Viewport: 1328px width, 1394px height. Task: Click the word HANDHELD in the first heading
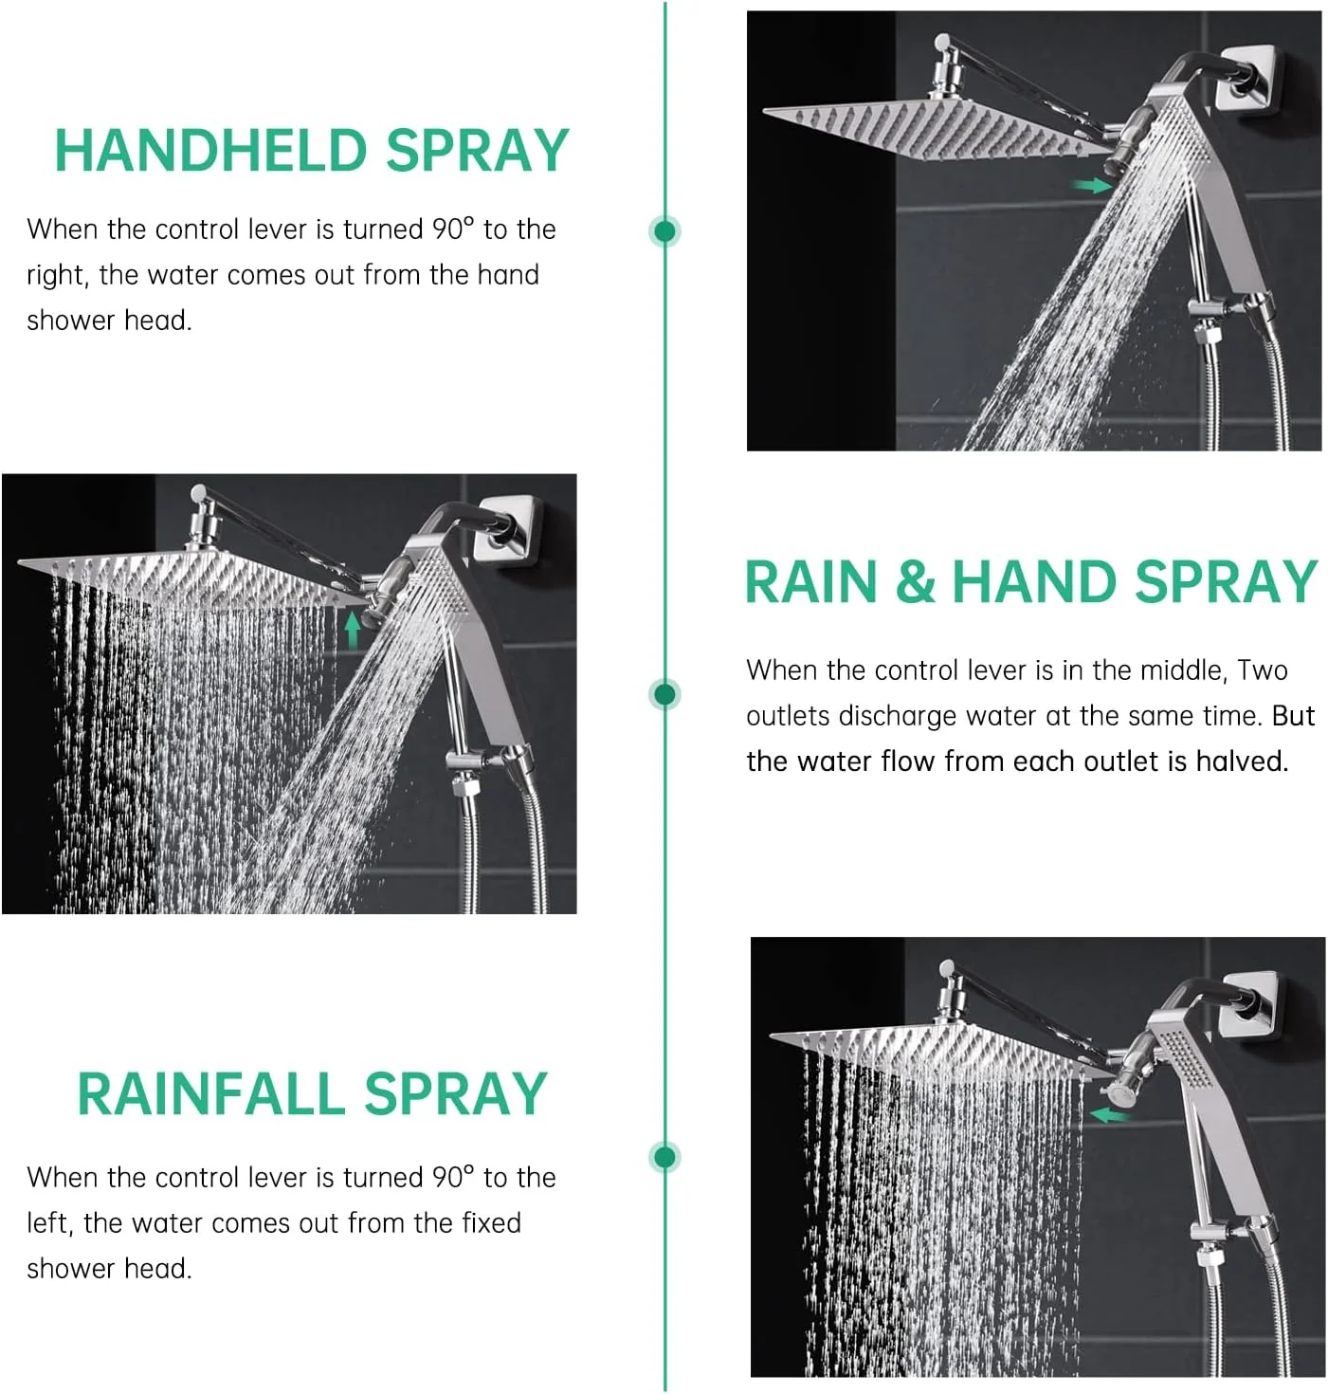point(210,151)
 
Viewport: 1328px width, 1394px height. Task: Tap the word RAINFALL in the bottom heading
point(211,1094)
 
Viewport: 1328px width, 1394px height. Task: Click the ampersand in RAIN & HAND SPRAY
point(915,581)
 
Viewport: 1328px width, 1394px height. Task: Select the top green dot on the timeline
point(664,231)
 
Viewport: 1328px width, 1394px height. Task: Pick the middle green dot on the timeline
point(664,694)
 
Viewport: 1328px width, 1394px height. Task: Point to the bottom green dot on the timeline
point(664,1157)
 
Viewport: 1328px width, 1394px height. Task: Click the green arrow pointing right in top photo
point(1091,186)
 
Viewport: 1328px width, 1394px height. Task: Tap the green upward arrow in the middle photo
point(353,631)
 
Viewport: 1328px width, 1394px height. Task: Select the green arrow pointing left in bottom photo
point(1110,1115)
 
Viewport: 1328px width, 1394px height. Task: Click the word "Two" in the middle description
point(1263,670)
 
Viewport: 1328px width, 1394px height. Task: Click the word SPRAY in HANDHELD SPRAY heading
point(477,151)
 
